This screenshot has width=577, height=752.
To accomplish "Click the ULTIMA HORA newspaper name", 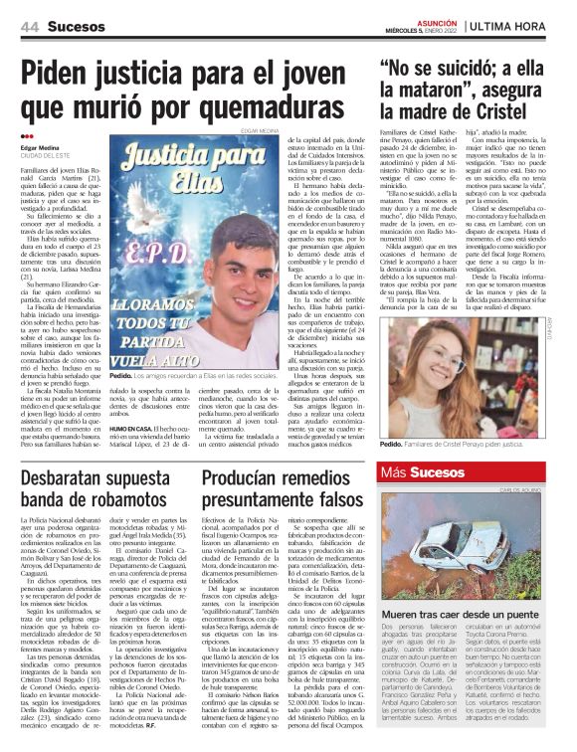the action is click(523, 25).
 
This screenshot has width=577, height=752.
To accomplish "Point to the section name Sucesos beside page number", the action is click(75, 26).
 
